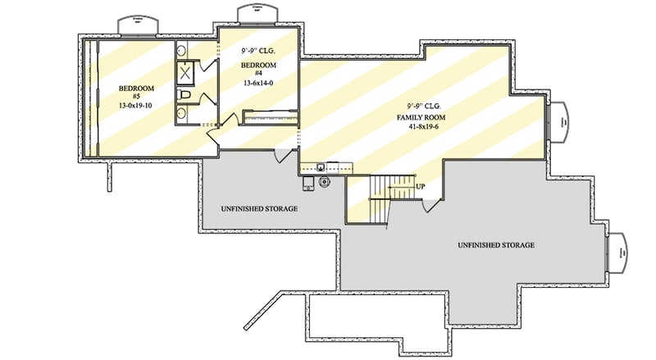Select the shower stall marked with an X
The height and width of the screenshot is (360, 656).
[x=185, y=74]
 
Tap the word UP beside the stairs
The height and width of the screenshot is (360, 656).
[x=421, y=187]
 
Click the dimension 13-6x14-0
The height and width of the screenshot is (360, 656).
[x=257, y=83]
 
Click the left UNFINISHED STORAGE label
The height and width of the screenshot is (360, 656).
[x=259, y=209]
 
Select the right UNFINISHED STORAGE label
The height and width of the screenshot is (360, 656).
[x=496, y=245]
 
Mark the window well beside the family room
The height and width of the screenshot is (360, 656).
[x=559, y=121]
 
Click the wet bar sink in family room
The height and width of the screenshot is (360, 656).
[x=321, y=167]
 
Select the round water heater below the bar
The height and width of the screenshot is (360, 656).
[x=325, y=182]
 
